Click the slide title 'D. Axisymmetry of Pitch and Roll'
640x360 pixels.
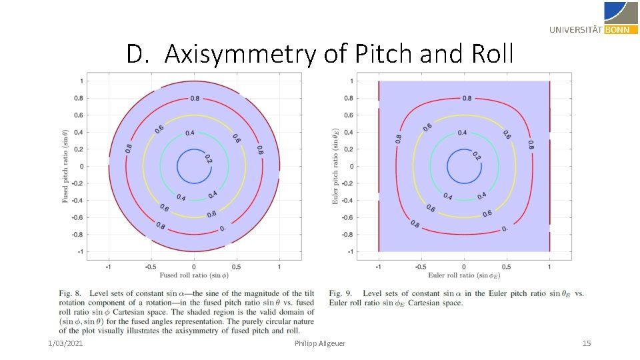pos(320,54)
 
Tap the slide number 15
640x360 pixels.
pos(587,343)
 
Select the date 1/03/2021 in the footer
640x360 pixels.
pos(65,343)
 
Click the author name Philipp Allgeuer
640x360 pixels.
pos(320,343)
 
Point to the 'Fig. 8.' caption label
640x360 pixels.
pos(73,293)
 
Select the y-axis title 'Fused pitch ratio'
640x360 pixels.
pos(65,166)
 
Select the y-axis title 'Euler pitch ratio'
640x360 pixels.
pos(336,166)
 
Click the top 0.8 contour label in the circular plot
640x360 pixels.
pos(195,98)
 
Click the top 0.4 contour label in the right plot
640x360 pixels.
pos(461,133)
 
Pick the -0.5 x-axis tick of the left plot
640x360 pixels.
pos(151,265)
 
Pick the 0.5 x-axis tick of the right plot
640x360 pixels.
pos(507,265)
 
